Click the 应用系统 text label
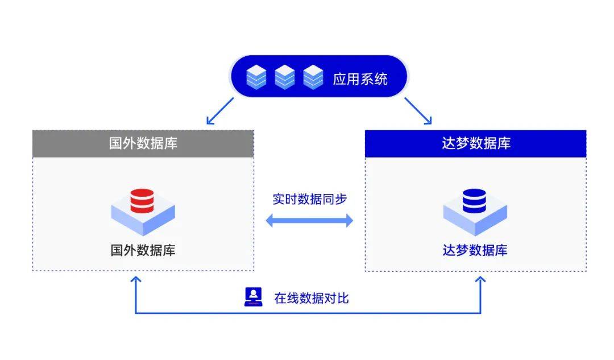[360, 78]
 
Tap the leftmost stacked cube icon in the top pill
[256, 77]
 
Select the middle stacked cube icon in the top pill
[285, 77]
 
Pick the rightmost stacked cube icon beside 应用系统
[313, 77]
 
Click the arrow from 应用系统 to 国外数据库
[220, 110]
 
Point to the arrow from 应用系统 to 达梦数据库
[418, 110]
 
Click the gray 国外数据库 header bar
[143, 143]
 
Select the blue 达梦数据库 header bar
[475, 143]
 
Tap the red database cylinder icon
[142, 201]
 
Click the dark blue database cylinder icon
[474, 201]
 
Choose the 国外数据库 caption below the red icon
[143, 250]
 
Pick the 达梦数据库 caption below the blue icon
[475, 250]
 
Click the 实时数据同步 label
[309, 200]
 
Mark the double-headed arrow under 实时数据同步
[309, 221]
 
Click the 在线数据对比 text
[311, 297]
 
